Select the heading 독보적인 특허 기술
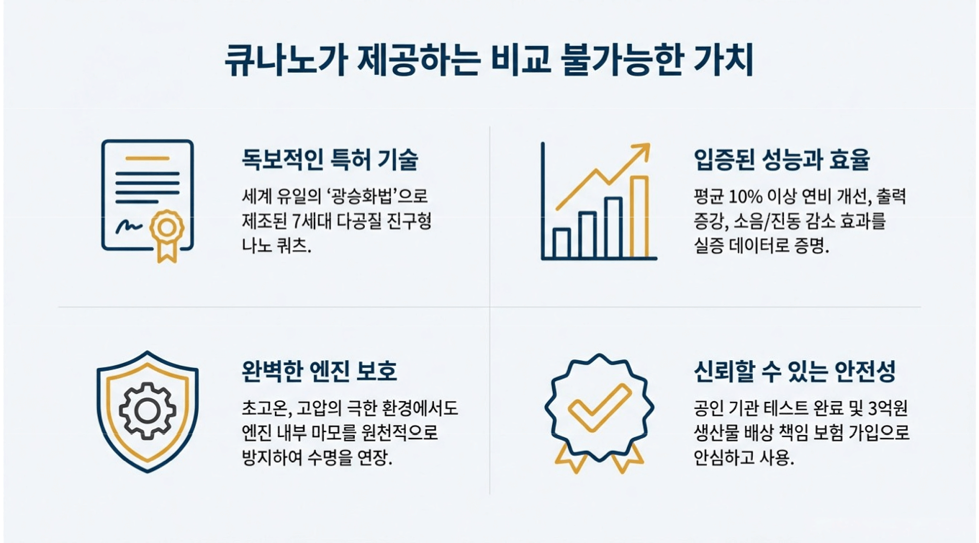(330, 159)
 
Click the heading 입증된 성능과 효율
(781, 159)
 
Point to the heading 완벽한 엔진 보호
(320, 372)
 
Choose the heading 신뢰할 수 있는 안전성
(795, 372)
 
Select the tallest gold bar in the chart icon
(639, 216)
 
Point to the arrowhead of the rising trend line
(641, 151)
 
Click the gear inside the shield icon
(147, 410)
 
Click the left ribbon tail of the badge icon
(570, 458)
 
